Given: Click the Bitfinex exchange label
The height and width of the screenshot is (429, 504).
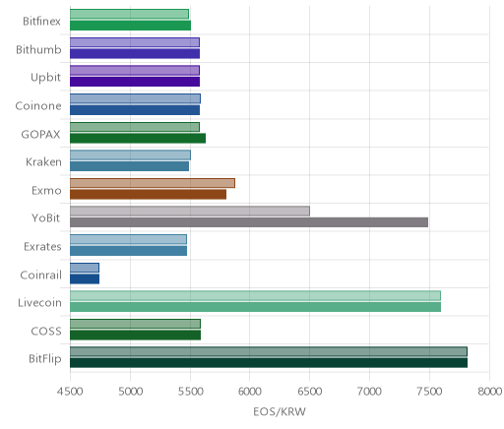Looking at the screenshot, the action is click(x=41, y=22).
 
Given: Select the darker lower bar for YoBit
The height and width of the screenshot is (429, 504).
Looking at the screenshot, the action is click(x=249, y=222).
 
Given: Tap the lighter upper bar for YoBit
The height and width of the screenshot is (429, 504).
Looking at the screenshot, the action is click(x=190, y=212).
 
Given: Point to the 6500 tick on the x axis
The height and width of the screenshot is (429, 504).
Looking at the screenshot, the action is click(x=309, y=392).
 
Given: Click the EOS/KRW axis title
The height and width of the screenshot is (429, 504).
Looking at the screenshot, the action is click(x=280, y=411).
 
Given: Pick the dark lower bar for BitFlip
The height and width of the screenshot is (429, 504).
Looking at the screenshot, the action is click(x=269, y=363).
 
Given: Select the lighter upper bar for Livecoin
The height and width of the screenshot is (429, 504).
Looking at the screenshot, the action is click(x=255, y=295).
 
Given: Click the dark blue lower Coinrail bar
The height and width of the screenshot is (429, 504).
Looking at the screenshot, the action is click(x=85, y=279).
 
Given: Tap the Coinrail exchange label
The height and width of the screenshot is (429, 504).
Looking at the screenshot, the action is click(x=40, y=275).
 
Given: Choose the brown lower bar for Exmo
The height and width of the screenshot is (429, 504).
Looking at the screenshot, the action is click(x=148, y=195).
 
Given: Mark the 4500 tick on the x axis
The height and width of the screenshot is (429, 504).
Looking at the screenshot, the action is click(x=70, y=392).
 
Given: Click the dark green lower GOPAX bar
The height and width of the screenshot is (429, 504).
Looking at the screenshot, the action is click(x=138, y=138).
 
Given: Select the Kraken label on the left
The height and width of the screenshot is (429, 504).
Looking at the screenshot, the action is click(x=43, y=162).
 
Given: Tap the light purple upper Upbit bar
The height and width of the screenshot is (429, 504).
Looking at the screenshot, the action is click(x=135, y=71).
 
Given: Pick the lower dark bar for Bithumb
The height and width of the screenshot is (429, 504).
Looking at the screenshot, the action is click(x=135, y=53).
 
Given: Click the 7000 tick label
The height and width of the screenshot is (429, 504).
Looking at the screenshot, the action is click(x=369, y=392).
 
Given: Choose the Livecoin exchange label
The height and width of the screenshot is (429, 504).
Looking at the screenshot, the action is click(x=39, y=303).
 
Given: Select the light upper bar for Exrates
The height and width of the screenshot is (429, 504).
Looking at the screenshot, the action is click(x=128, y=239).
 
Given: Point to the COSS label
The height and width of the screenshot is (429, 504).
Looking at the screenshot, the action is click(x=46, y=332).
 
